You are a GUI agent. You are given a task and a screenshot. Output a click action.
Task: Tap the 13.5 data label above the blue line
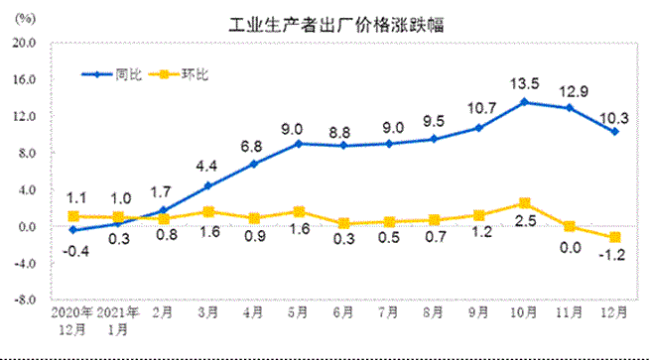click(523, 83)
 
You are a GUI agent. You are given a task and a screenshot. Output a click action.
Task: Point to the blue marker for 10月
click(523, 102)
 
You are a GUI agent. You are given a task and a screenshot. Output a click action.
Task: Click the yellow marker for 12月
click(615, 237)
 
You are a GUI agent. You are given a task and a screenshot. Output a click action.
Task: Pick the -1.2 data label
click(615, 256)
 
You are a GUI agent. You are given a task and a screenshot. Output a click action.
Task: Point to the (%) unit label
click(28, 19)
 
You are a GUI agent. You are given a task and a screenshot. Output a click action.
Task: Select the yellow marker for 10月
click(523, 203)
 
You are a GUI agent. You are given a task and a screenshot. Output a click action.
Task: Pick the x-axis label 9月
click(477, 310)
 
